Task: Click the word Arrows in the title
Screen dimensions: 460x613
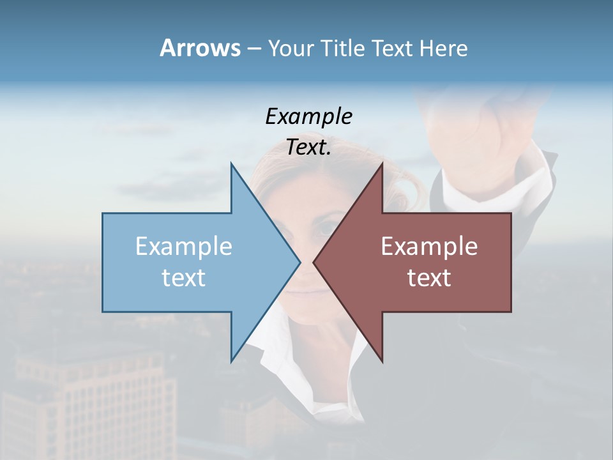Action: coord(200,48)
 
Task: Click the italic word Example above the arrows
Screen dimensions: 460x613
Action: coord(308,117)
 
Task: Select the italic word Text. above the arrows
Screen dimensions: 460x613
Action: coord(308,148)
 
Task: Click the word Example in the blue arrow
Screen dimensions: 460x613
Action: coord(184,247)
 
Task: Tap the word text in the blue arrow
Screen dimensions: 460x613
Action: coord(184,278)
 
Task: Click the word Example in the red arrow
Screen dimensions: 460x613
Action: coord(429,247)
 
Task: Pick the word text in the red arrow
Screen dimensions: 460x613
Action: coord(429,278)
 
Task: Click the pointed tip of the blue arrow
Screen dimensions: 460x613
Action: coord(299,262)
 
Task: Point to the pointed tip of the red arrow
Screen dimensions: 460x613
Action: coord(314,262)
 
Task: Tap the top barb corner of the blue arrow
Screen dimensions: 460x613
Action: coord(231,164)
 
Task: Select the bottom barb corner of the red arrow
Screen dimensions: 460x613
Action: coord(382,362)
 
